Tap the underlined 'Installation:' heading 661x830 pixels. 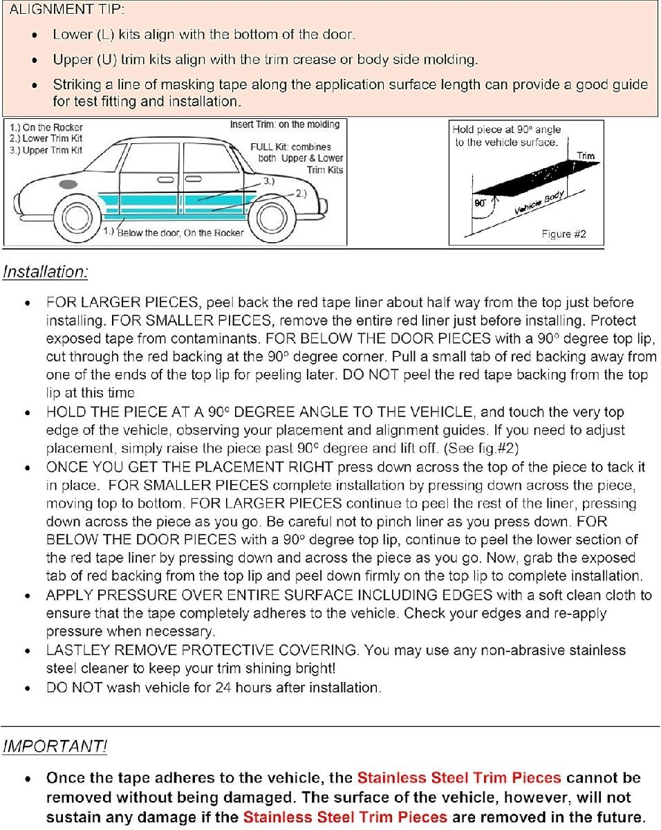pos(46,272)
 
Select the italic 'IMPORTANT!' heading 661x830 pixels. pos(55,746)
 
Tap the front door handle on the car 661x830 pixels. pos(165,181)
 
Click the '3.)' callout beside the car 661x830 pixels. pos(269,181)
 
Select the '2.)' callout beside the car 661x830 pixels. pos(300,194)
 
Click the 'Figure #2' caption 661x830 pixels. pos(564,234)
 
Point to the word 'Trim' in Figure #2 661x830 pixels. pos(585,156)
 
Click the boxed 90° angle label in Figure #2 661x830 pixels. pos(479,203)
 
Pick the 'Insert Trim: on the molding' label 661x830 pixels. pos(284,124)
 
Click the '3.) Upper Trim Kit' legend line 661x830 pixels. pos(47,150)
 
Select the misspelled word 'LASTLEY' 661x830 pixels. pos(76,651)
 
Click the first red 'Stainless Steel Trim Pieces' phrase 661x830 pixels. pos(459,778)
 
